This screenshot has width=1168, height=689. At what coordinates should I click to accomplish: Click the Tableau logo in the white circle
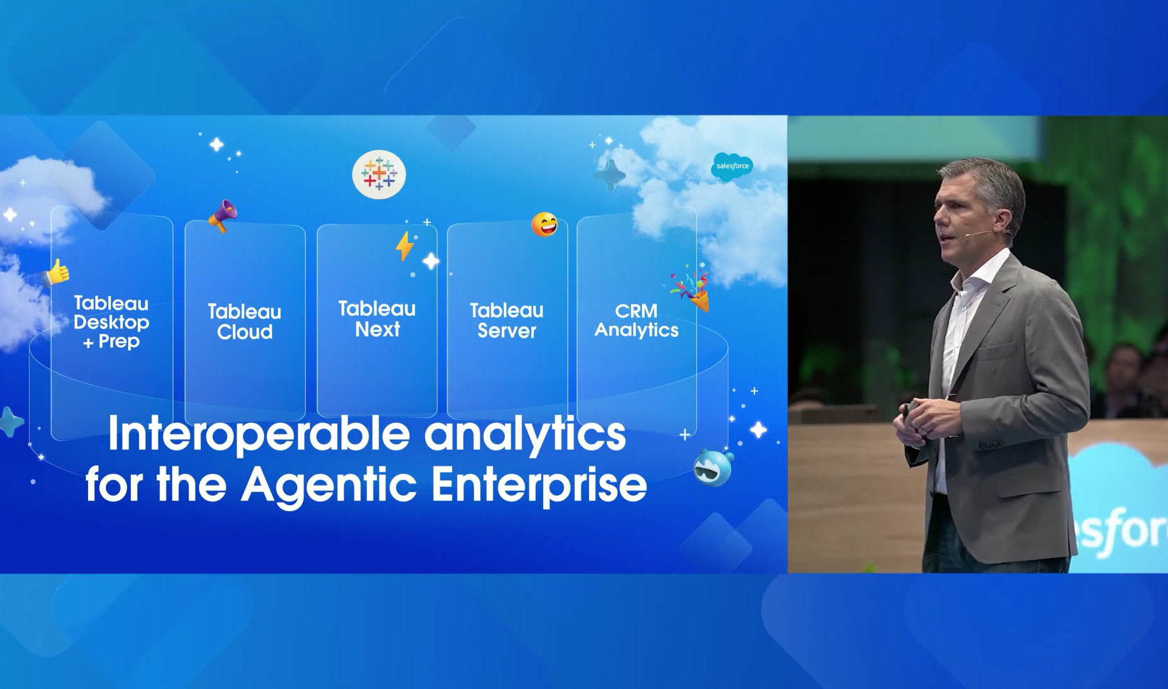[379, 174]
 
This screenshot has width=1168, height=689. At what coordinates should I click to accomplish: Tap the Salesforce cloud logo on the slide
[732, 167]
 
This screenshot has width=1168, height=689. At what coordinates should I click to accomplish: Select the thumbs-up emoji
[56, 273]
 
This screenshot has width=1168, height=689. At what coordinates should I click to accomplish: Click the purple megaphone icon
[223, 216]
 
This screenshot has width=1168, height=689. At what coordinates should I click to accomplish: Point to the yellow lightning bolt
[404, 246]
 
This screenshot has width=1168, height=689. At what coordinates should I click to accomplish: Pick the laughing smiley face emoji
[544, 225]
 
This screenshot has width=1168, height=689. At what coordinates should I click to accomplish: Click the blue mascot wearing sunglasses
[713, 467]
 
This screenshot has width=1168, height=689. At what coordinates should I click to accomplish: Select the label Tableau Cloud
[244, 322]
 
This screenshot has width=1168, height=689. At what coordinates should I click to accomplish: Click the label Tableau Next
[377, 319]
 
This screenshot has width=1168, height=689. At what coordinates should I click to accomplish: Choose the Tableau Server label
[507, 320]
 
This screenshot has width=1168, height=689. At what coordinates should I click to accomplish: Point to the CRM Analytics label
[636, 320]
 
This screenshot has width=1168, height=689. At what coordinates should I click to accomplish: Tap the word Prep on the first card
[119, 342]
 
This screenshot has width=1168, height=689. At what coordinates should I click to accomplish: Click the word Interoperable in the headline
[259, 434]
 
